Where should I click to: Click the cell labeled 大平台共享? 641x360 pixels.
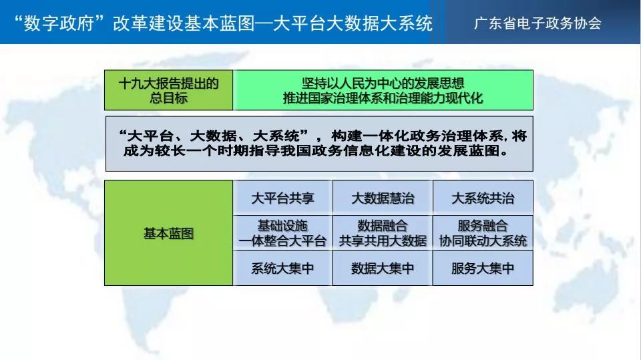(282, 198)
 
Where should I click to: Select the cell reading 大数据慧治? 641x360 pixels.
(383, 198)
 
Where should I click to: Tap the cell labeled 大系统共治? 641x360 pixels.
(483, 198)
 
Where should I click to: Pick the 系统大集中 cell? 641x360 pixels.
(282, 268)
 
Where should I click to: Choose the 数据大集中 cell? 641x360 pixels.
(383, 268)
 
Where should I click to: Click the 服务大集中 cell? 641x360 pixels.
(483, 268)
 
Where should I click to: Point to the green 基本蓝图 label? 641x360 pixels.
(168, 233)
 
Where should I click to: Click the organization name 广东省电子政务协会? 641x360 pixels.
(538, 23)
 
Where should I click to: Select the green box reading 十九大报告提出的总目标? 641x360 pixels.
(168, 90)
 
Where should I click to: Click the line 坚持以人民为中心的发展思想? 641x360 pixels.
(383, 83)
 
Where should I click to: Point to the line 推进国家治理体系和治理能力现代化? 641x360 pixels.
(383, 98)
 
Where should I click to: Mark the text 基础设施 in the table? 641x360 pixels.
(282, 225)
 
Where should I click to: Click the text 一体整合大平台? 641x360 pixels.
(282, 240)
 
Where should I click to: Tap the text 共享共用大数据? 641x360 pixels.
(383, 240)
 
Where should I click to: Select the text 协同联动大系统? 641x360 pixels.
(483, 240)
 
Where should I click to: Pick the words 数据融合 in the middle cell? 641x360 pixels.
(383, 225)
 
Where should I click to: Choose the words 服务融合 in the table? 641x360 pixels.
(483, 225)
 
